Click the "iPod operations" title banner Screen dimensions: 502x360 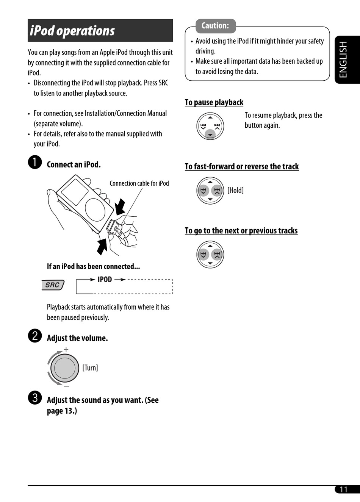(x=100, y=31)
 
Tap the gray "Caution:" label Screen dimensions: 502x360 (x=215, y=26)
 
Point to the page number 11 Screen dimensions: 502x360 (x=344, y=489)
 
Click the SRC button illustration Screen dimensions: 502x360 (x=53, y=285)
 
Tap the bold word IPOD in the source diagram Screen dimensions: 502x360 (x=105, y=280)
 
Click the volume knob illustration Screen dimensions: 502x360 (x=64, y=368)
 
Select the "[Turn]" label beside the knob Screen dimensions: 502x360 (x=90, y=368)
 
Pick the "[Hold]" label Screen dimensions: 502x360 (x=235, y=190)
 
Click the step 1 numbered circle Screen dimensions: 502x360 (x=35, y=163)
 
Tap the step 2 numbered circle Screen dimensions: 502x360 (x=35, y=336)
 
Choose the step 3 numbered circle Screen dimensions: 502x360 (x=35, y=397)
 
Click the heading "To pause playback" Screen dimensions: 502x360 (x=214, y=102)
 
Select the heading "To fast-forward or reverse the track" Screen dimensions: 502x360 (x=241, y=166)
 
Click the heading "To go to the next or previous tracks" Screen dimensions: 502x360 (x=241, y=230)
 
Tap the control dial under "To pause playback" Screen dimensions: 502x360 (x=210, y=126)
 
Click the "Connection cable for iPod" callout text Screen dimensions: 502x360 (x=139, y=183)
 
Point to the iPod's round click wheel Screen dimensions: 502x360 (x=95, y=209)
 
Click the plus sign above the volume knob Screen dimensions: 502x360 (x=66, y=349)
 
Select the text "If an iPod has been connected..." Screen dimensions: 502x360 (x=93, y=266)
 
